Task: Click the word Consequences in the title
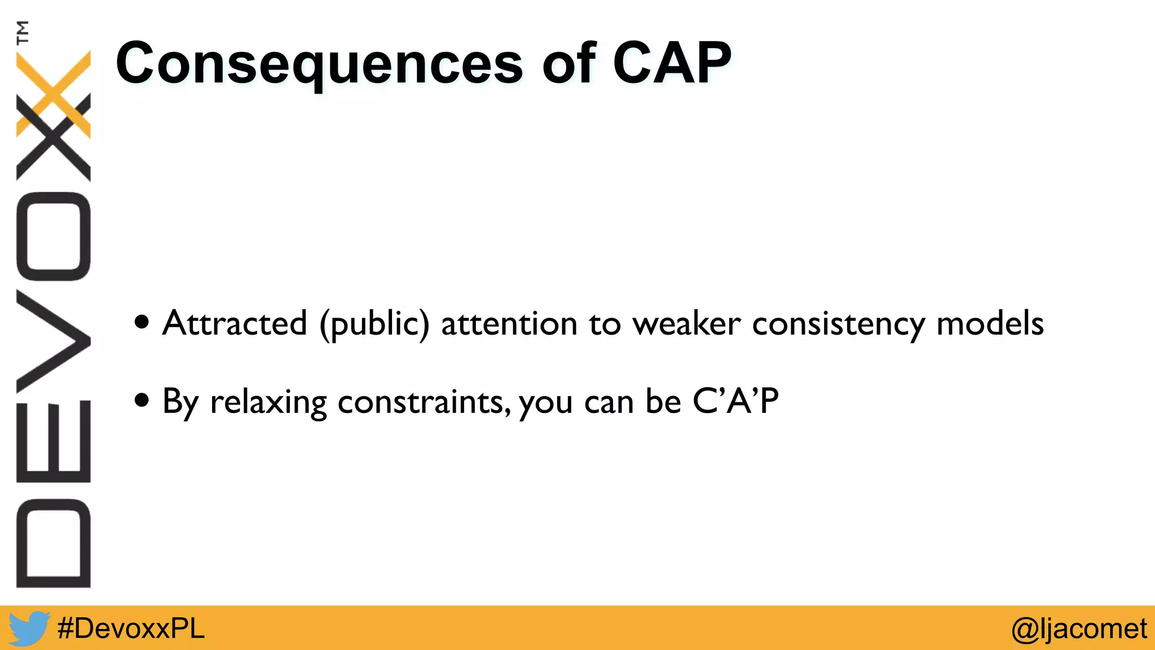(x=319, y=64)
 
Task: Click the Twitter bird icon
(x=28, y=628)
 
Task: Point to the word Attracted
(x=234, y=323)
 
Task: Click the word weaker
(x=686, y=324)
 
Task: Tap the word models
(x=990, y=323)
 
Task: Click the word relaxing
(x=268, y=402)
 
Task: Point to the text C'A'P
(x=735, y=401)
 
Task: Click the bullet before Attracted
(x=142, y=323)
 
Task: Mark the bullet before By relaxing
(x=142, y=401)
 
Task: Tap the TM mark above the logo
(x=23, y=32)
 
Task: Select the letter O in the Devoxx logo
(x=54, y=236)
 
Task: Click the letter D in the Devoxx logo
(x=54, y=543)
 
